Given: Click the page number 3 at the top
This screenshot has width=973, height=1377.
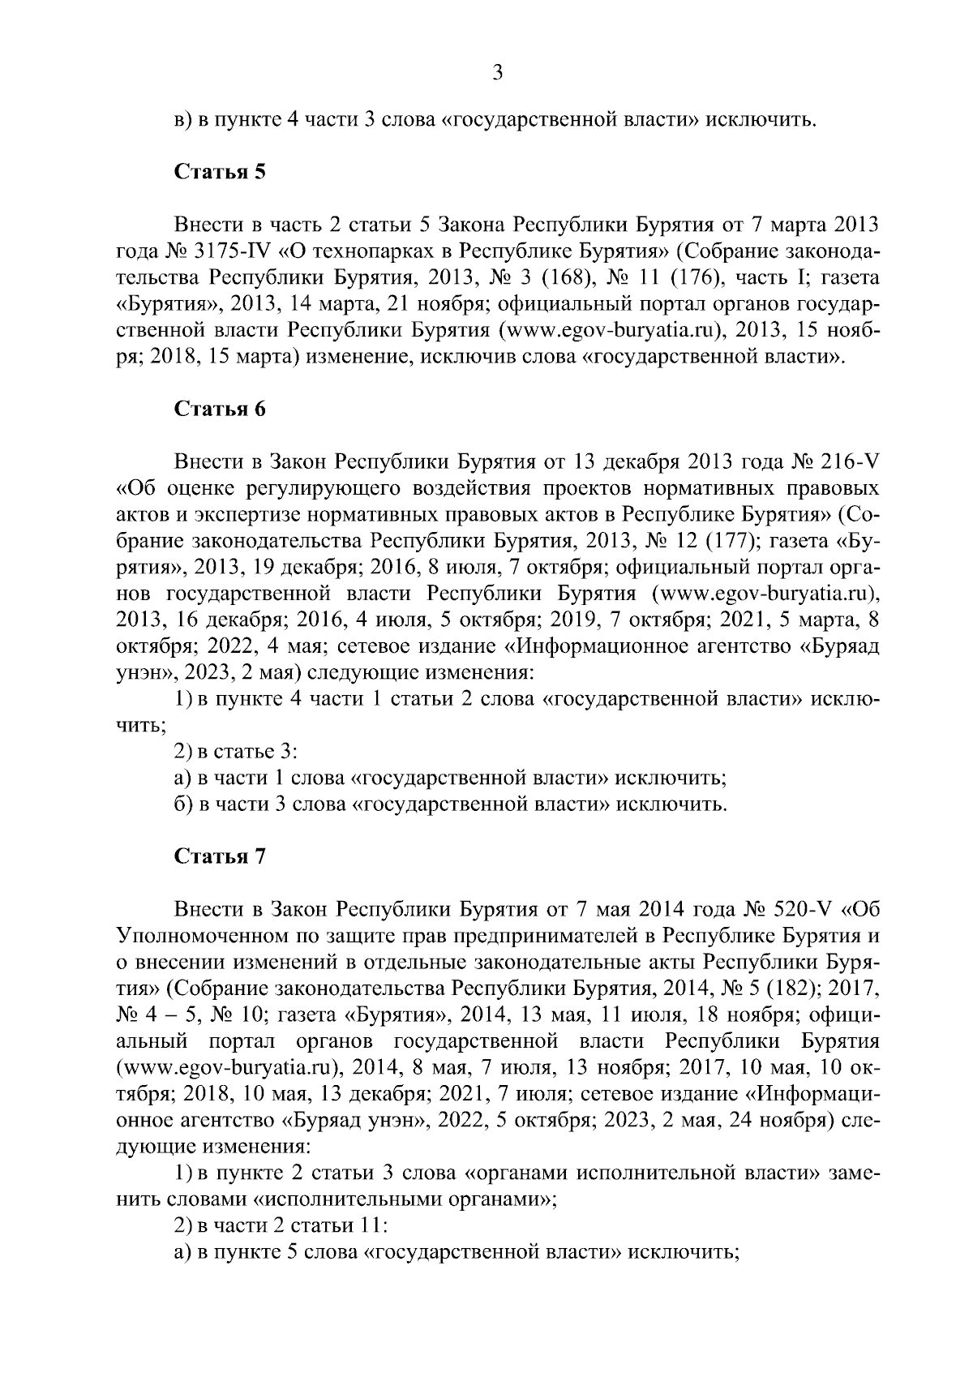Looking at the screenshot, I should click(x=498, y=74).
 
